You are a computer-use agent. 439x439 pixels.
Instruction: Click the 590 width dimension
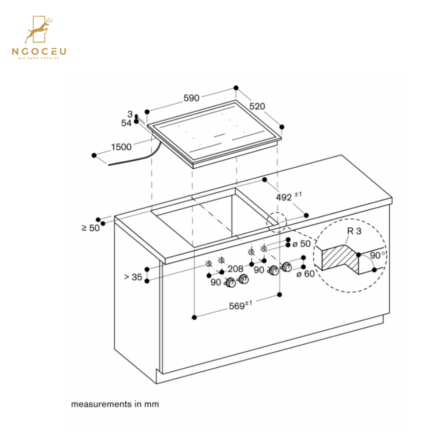click(x=191, y=98)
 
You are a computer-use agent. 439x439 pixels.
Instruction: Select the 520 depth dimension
click(x=258, y=107)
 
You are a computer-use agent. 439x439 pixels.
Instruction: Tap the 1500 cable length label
click(x=121, y=146)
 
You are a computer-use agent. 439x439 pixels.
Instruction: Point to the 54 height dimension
click(x=126, y=123)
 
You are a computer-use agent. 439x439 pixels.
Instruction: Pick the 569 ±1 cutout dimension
click(x=240, y=306)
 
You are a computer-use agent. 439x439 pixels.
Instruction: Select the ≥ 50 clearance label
click(x=90, y=228)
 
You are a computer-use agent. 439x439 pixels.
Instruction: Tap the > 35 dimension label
click(x=133, y=277)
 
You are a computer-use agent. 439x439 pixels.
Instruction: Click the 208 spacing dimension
click(x=235, y=269)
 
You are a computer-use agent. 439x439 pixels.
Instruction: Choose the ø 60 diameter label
click(x=306, y=275)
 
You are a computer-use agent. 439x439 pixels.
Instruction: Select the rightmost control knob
click(x=287, y=267)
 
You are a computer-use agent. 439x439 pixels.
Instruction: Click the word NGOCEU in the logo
click(x=40, y=51)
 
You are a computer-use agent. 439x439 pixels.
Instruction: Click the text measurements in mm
click(x=115, y=404)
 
